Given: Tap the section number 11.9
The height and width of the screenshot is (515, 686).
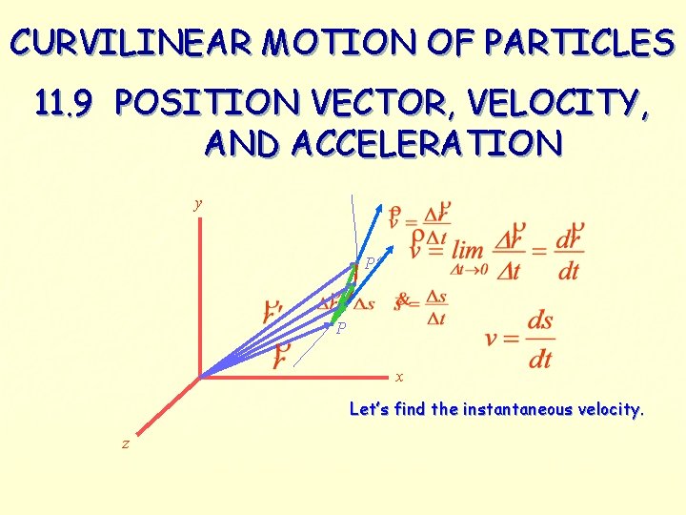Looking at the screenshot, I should point(64,103).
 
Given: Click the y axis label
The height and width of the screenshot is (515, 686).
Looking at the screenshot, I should point(198,203).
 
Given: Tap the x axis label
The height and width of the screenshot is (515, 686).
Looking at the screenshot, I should point(399,376).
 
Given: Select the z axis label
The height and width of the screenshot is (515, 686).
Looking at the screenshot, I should point(125,443).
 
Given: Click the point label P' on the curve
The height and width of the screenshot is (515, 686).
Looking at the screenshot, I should point(373,262).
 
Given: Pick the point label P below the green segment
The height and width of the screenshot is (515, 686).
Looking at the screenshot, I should point(340,328).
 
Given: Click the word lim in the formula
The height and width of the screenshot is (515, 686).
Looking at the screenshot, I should point(468,250).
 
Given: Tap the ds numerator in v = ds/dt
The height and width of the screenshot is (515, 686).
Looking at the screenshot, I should point(539,320).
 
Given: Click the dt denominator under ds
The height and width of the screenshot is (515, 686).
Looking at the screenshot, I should point(539,359).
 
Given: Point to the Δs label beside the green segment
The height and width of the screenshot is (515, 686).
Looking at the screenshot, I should point(365,304).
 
